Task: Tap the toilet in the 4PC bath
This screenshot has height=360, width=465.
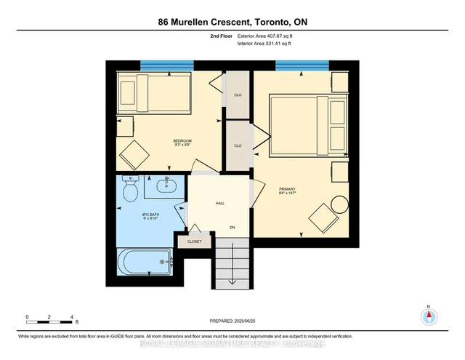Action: [131, 191]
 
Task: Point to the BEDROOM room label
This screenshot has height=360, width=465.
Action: [182, 141]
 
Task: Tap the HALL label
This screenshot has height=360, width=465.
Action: [219, 204]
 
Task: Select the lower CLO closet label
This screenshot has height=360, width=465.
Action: [237, 145]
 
